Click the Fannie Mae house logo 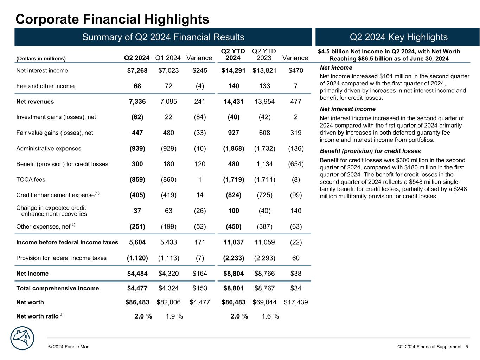22,338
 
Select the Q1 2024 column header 168,58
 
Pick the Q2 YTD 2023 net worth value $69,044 264,302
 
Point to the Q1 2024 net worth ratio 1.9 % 174,316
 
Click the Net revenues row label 35,102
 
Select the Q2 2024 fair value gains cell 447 137,133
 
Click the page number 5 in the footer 466,347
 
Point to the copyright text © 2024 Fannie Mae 69,347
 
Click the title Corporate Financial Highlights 113,19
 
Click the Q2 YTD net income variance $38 296,274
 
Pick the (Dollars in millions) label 41,59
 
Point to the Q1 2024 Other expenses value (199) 168,226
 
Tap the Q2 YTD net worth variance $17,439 296,302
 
